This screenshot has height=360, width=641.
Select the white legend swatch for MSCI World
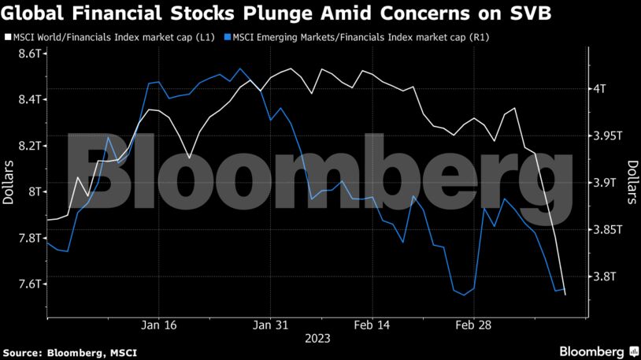(x=8, y=37)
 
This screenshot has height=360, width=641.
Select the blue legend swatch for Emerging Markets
(x=228, y=37)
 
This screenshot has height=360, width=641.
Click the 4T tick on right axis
(x=602, y=88)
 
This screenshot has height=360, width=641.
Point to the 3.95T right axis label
(x=609, y=135)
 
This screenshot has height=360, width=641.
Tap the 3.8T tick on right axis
(x=606, y=276)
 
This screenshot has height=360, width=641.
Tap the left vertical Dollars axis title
(x=9, y=182)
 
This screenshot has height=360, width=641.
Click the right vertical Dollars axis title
(x=632, y=182)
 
